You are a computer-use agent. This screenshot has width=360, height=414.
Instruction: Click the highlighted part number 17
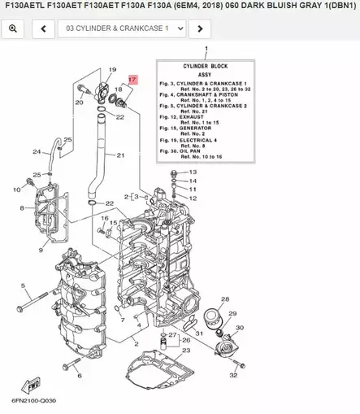click(132, 81)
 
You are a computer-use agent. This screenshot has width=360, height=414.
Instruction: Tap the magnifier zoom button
click(12, 28)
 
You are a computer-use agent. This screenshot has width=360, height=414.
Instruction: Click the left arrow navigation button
click(42, 28)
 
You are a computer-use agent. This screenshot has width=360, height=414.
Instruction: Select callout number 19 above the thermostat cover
click(112, 70)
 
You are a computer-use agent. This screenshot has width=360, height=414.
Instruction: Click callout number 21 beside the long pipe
click(120, 155)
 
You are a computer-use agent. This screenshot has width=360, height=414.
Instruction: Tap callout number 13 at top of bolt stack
click(193, 172)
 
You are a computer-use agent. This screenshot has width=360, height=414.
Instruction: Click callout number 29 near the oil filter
click(234, 312)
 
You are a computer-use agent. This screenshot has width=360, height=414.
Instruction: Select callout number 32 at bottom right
click(233, 375)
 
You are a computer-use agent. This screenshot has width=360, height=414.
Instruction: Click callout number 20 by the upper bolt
click(79, 102)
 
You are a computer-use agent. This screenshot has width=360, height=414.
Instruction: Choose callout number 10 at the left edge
click(16, 190)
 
